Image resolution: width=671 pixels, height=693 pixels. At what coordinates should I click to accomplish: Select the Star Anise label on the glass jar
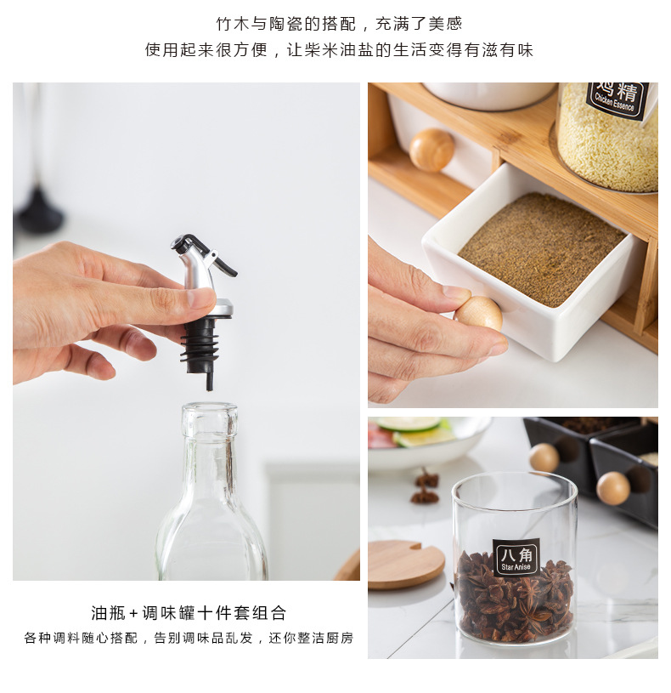pyautogui.click(x=516, y=558)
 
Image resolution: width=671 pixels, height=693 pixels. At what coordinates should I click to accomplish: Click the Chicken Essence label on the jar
pyautogui.click(x=617, y=99)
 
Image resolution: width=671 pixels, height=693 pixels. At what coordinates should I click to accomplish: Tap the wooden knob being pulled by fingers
pyautogui.click(x=478, y=312)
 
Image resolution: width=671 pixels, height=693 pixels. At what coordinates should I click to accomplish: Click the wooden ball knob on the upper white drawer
pyautogui.click(x=431, y=149)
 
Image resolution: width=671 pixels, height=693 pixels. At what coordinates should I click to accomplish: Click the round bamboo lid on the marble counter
pyautogui.click(x=405, y=564)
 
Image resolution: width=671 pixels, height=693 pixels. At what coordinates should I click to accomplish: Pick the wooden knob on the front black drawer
pyautogui.click(x=612, y=488)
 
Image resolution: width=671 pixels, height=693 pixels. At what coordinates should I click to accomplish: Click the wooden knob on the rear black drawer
pyautogui.click(x=544, y=457)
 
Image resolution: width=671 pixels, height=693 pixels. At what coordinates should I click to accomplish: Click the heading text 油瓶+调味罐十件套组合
pyautogui.click(x=189, y=613)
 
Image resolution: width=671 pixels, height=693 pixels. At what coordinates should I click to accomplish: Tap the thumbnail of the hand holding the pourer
pyautogui.click(x=186, y=331)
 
